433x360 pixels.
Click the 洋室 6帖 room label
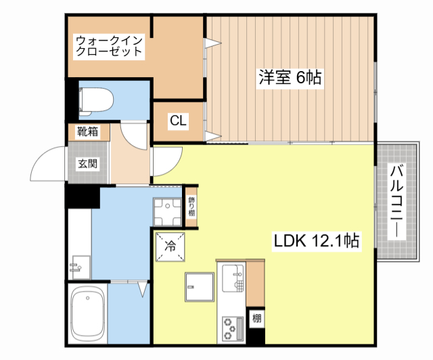(x=289, y=78)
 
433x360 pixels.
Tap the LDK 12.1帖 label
(x=315, y=240)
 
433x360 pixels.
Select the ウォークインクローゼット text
(x=109, y=45)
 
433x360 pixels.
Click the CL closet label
(x=179, y=121)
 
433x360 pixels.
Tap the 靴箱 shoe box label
(x=87, y=131)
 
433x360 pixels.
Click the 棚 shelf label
(x=257, y=318)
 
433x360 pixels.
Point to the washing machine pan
(x=166, y=210)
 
